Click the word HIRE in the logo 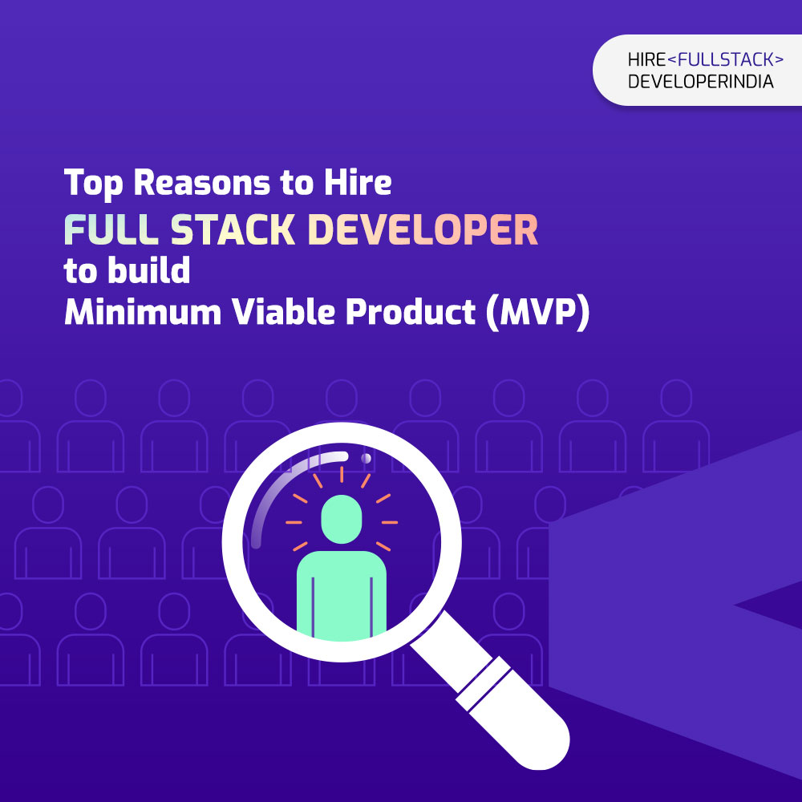pos(646,60)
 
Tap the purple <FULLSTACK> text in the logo pos(725,60)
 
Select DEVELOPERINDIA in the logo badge pos(700,82)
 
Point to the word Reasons pos(201,183)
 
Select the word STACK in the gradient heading pos(233,229)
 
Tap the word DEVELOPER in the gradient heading pos(423,229)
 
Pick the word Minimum pos(143,311)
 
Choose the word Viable pos(283,311)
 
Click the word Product pos(411,311)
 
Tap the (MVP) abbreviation pos(537,313)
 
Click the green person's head pos(341,519)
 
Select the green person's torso pos(341,596)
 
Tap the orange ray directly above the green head pos(342,475)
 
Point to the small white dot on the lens pos(367,458)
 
